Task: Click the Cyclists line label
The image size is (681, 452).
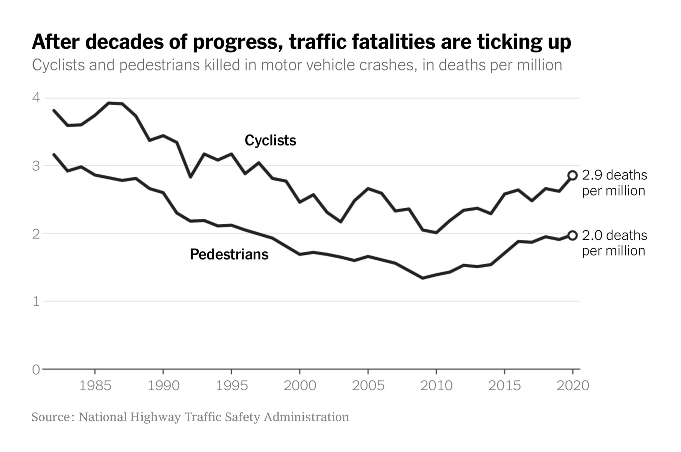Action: click(270, 140)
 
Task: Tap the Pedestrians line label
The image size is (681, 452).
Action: click(229, 254)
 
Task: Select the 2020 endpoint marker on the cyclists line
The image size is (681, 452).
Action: click(573, 175)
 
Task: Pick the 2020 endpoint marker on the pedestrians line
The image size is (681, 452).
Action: click(573, 235)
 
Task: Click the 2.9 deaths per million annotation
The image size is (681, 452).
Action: click(614, 183)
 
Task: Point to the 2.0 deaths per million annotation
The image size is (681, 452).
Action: click(614, 243)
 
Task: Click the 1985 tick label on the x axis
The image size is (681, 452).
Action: click(95, 386)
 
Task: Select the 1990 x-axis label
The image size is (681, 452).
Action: click(163, 386)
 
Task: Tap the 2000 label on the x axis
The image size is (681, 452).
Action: click(300, 386)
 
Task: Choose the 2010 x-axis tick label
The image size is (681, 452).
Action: click(436, 386)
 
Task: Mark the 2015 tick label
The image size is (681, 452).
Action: click(504, 386)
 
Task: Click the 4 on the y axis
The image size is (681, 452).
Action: click(36, 98)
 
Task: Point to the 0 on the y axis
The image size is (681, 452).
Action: click(36, 370)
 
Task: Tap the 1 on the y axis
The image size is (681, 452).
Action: click(36, 301)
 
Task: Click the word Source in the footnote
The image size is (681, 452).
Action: click(51, 417)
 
